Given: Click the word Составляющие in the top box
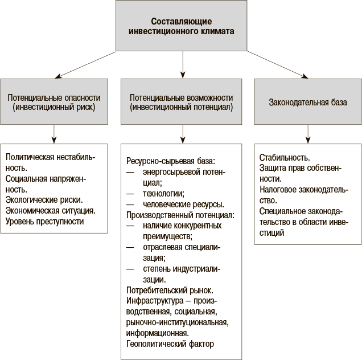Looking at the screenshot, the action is (x=181, y=22).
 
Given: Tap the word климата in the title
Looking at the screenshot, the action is (x=217, y=31).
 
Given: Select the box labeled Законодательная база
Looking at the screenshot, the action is (x=308, y=101).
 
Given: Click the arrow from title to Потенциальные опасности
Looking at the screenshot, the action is (x=85, y=65).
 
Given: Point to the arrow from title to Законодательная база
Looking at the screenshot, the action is (x=278, y=65).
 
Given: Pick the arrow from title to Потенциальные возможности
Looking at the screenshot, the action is (x=183, y=65).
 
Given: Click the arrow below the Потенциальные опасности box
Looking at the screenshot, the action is (x=54, y=134).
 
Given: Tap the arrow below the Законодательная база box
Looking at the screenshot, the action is (x=308, y=134).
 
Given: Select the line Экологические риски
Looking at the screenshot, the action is (x=44, y=200).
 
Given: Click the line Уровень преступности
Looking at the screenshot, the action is (x=44, y=222).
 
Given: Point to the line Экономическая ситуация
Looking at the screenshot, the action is (x=51, y=211).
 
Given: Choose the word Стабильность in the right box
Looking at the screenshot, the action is (x=285, y=158).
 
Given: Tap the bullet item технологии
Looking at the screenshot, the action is (x=164, y=194).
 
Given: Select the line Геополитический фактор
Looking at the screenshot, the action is (x=170, y=344).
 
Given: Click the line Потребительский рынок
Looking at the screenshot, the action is (x=170, y=291).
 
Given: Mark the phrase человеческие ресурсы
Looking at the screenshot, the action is (x=183, y=204).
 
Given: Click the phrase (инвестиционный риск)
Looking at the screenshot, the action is (x=54, y=107).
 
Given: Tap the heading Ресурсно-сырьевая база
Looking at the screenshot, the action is (x=171, y=161).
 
